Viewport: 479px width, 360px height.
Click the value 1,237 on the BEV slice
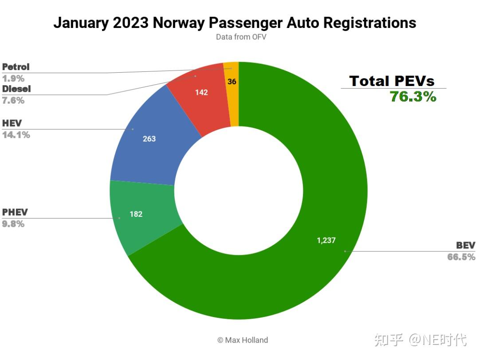[x=326, y=240]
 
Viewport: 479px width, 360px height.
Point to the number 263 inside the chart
[x=149, y=139]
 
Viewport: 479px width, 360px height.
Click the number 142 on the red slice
[x=201, y=93]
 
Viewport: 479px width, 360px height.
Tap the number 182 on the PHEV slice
[x=136, y=214]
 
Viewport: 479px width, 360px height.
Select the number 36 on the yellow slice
[x=232, y=82]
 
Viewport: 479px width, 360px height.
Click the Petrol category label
[x=16, y=67]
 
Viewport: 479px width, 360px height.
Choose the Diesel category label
[x=16, y=89]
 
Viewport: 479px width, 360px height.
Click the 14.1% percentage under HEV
[x=16, y=135]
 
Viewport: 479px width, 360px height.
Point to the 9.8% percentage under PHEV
[x=13, y=224]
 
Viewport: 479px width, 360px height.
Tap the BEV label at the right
[x=466, y=246]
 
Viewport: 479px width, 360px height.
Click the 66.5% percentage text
[x=461, y=257]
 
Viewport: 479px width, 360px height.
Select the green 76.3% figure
[x=413, y=96]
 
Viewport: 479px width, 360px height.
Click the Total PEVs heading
[x=392, y=81]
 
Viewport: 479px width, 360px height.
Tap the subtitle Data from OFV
[x=241, y=37]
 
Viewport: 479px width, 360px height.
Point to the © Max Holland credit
[x=243, y=340]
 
